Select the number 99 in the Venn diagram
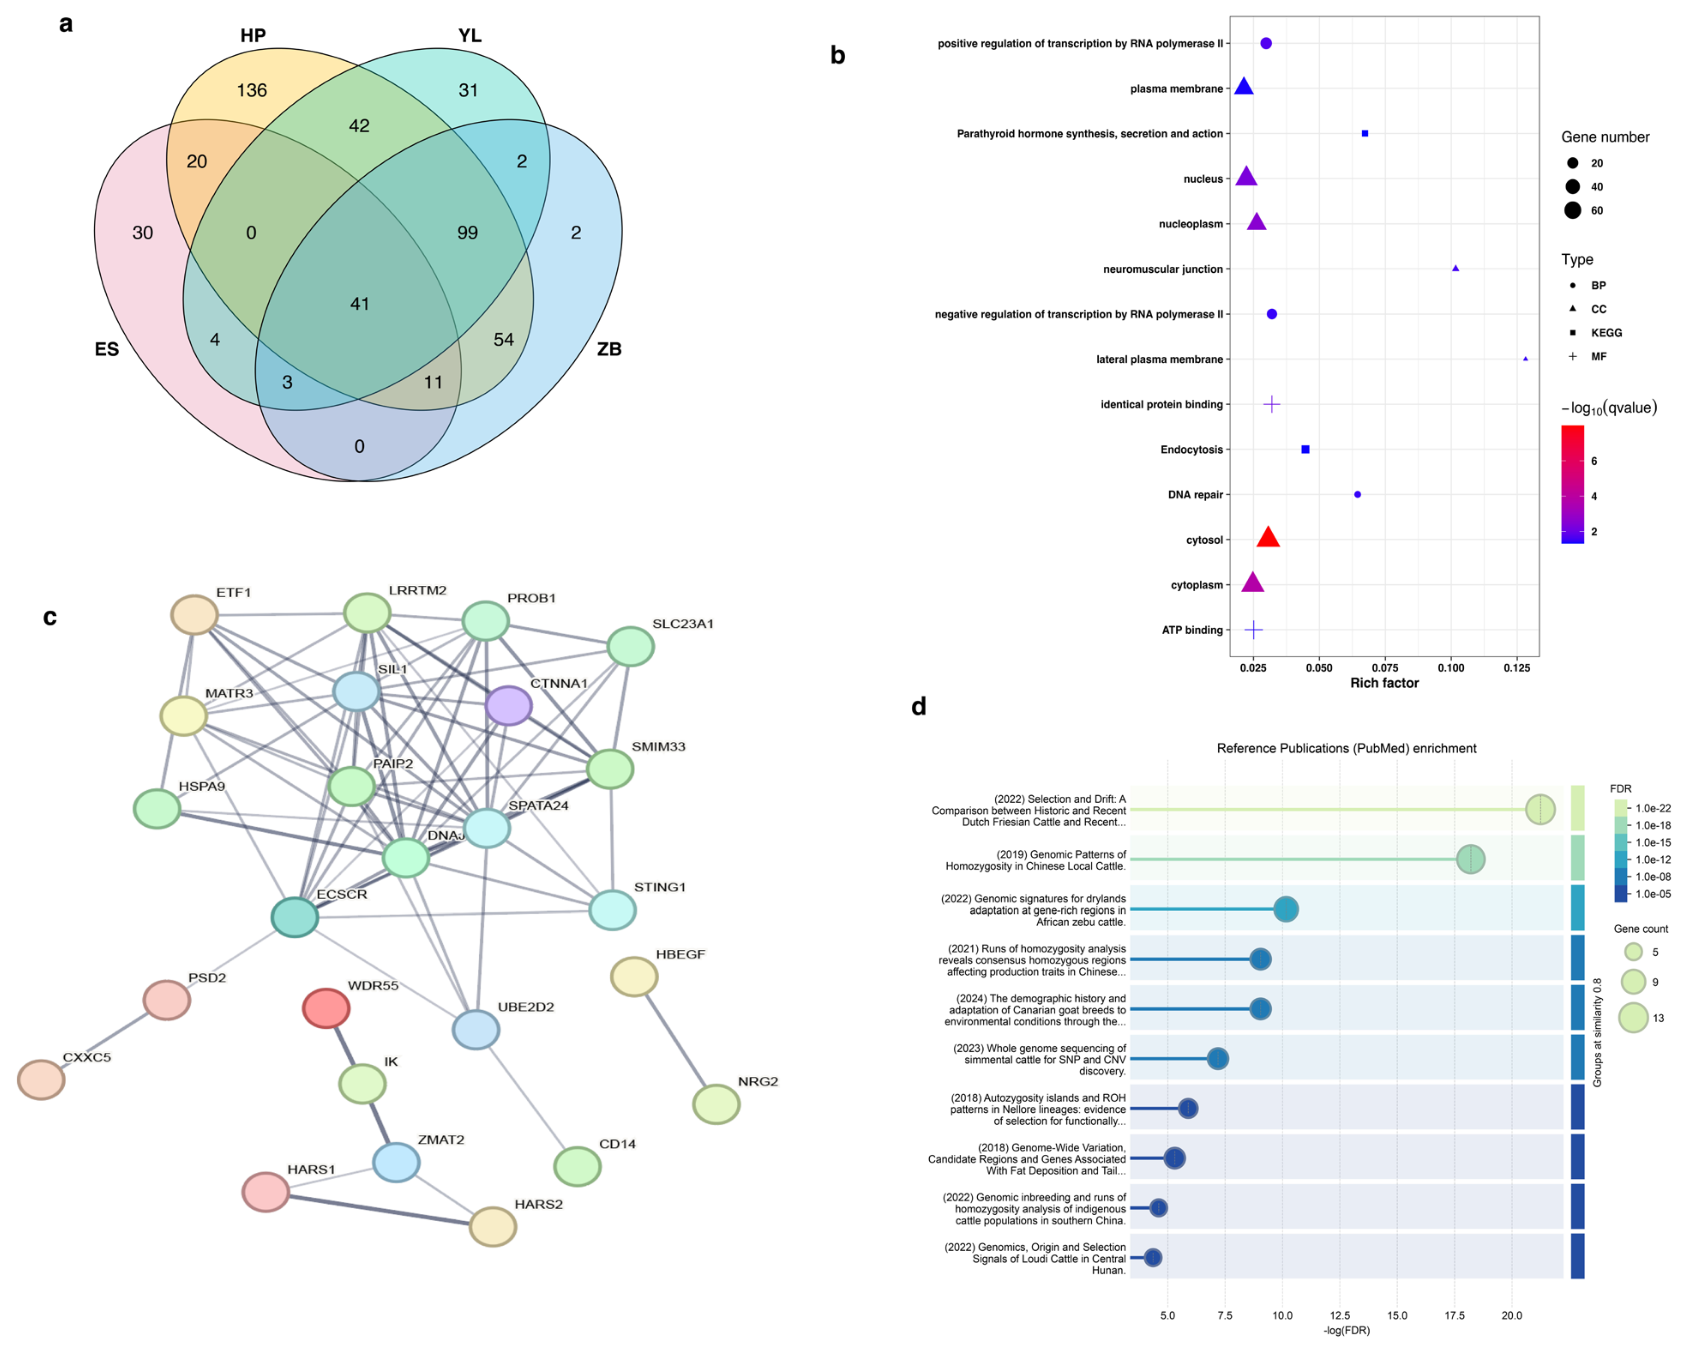467,233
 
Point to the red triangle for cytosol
1268,537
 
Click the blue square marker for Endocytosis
1305,450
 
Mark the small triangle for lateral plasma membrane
1525,359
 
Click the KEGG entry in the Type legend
1606,333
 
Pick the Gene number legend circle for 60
1572,210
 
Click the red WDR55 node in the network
326,1008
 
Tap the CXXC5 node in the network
41,1079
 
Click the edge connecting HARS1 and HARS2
379,1210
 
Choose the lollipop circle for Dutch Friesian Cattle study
1540,809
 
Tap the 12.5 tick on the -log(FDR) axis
1340,1315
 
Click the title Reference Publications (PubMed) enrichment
1346,748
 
